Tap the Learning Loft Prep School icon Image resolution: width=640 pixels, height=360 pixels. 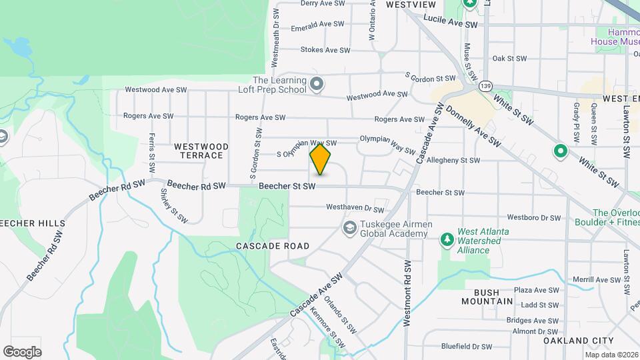(x=317, y=85)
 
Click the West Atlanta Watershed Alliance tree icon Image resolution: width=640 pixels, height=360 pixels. (x=446, y=239)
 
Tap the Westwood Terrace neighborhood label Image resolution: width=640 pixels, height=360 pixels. (x=201, y=151)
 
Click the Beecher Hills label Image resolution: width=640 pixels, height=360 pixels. (x=33, y=223)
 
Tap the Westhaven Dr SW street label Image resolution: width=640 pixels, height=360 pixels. (x=357, y=207)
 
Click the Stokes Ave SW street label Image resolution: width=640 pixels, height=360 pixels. (x=325, y=50)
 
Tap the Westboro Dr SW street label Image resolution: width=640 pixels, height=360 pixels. (x=534, y=217)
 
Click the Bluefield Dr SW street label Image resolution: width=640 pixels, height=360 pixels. (x=466, y=347)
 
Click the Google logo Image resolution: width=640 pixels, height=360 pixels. (x=22, y=351)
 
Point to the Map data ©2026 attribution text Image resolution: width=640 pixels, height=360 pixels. (x=611, y=355)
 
